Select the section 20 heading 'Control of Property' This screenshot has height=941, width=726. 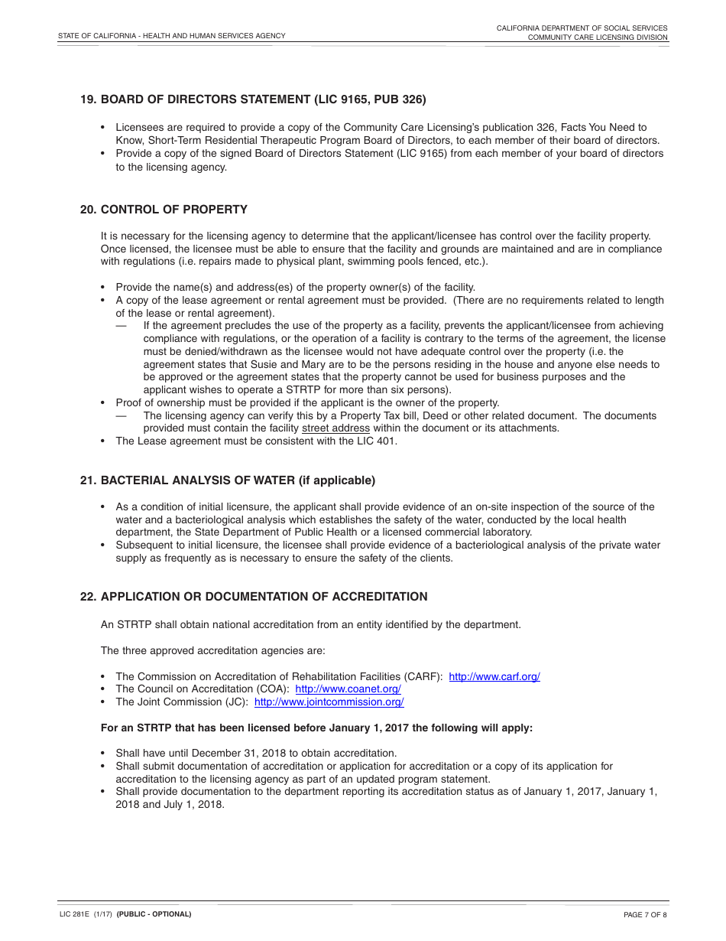(x=173, y=210)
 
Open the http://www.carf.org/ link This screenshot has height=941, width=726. (x=494, y=676)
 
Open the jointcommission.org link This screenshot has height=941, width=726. (x=329, y=702)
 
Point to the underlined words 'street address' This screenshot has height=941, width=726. (x=335, y=428)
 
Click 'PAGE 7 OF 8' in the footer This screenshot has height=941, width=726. (x=645, y=914)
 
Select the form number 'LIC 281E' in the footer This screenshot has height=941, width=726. (x=73, y=914)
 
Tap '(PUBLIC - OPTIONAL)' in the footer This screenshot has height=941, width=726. (x=154, y=914)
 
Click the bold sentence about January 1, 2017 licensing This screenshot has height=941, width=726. (x=316, y=728)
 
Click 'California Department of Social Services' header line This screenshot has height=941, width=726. (x=582, y=28)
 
